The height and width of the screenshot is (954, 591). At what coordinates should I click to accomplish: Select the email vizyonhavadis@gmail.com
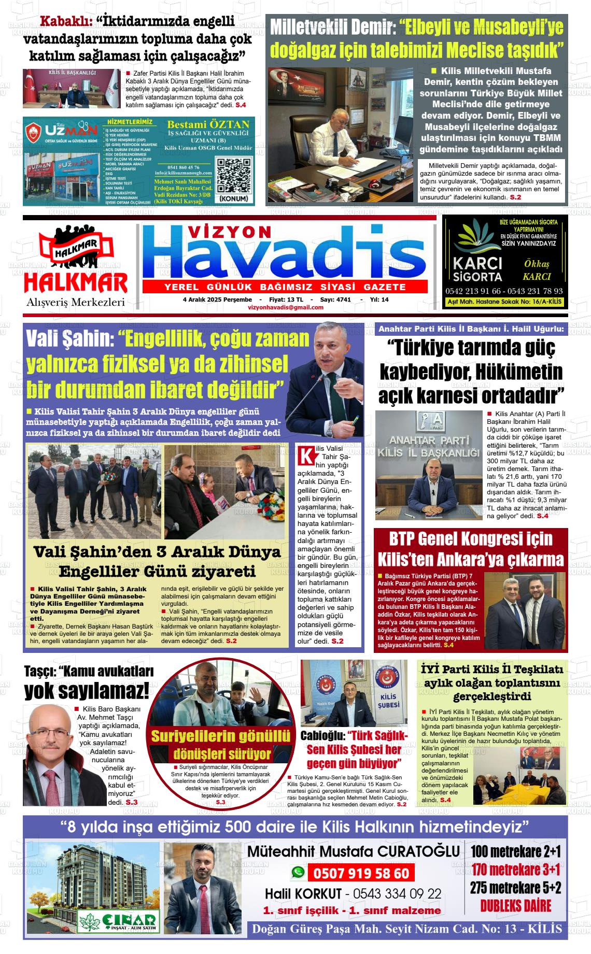point(286,307)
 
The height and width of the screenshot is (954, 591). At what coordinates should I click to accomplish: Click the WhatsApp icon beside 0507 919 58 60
point(297,873)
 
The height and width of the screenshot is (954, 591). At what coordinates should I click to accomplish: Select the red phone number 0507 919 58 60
point(361,874)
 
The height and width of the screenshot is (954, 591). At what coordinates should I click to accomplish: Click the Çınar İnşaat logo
point(118,920)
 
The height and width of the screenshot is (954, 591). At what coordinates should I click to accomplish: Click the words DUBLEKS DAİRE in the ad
point(515,905)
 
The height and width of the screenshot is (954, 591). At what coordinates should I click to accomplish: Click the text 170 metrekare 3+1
point(515,869)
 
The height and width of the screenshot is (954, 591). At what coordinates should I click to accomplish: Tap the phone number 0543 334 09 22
point(397,893)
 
